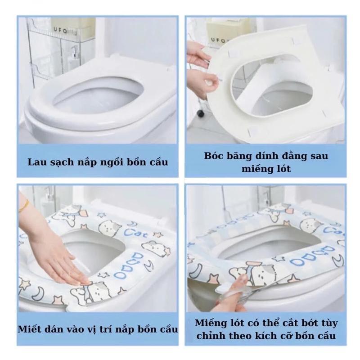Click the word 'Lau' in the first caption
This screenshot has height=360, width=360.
coord(35,162)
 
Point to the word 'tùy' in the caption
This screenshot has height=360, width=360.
coord(329,323)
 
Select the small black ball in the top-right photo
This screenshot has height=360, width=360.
coord(200,113)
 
